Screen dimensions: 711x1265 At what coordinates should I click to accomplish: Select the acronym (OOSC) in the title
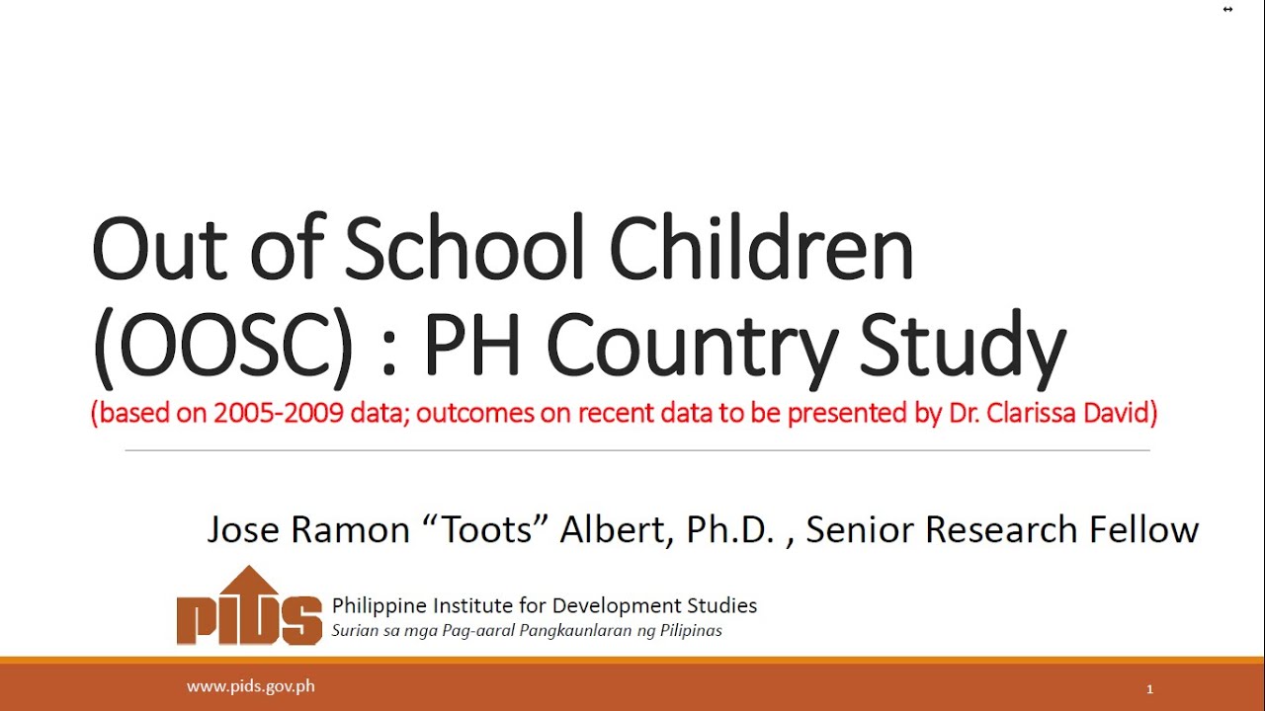pyautogui.click(x=221, y=345)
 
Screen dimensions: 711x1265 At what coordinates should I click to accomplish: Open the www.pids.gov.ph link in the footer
pyautogui.click(x=251, y=685)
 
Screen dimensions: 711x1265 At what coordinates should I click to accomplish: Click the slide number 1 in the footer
pyautogui.click(x=1149, y=689)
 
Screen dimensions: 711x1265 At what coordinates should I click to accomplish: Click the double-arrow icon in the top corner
pyautogui.click(x=1227, y=9)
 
